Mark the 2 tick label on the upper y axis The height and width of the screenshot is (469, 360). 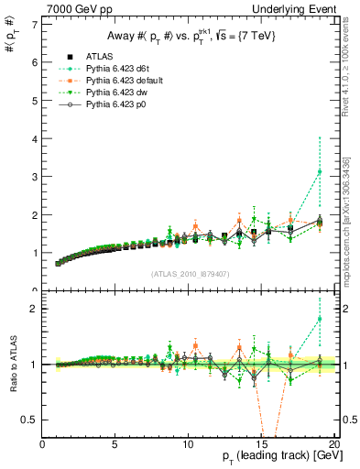[x=35, y=215]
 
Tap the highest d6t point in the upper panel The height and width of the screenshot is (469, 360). [x=319, y=171]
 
